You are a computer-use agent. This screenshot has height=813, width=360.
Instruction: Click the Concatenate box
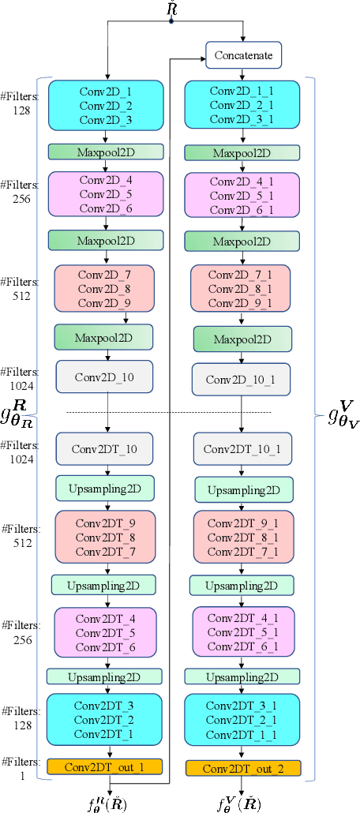243,57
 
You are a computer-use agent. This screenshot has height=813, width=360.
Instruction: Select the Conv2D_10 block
106,377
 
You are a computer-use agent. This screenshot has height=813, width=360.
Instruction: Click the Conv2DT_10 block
106,449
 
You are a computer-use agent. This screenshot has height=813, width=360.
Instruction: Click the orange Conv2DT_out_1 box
106,766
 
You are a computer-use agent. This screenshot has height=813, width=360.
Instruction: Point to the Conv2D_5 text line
106,193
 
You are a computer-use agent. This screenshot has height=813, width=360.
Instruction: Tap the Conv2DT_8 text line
106,537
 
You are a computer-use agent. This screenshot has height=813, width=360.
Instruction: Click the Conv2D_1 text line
106,91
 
